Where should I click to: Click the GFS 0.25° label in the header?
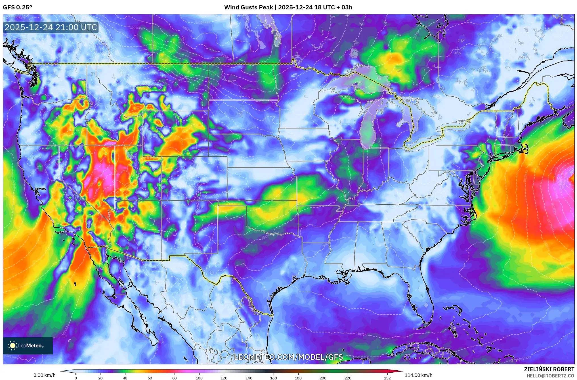[17, 7]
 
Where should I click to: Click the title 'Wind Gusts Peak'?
[248, 7]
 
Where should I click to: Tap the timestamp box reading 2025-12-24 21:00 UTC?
[51, 28]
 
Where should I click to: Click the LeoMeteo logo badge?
[28, 346]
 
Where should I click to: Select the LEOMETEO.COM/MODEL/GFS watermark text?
[288, 357]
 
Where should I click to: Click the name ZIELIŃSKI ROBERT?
[549, 369]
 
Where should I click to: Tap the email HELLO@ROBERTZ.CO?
[550, 376]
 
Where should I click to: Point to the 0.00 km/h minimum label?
[44, 375]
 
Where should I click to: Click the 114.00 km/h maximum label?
[418, 375]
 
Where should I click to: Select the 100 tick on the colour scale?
[199, 378]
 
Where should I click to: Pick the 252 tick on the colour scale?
[387, 378]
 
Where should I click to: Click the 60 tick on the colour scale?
[150, 378]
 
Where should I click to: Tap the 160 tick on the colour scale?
[273, 378]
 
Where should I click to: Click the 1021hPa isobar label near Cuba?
[364, 335]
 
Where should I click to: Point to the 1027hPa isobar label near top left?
[136, 28]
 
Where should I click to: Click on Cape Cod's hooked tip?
[526, 147]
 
